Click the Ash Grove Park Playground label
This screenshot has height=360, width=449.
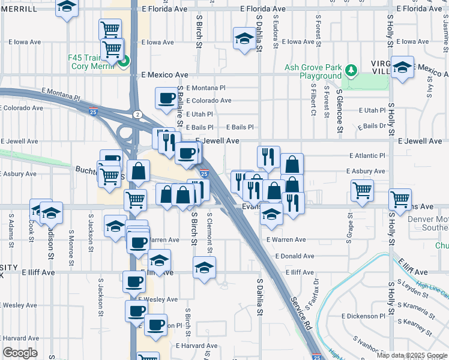coord(313,72)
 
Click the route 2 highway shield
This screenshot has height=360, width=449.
coord(138,114)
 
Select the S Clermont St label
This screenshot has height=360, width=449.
coord(209,230)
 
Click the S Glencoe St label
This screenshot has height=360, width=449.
coord(339,111)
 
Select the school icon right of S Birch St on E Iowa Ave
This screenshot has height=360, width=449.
coord(244,40)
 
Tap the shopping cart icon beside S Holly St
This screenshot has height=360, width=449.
coord(400,199)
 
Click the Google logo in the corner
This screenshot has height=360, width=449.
coord(20,353)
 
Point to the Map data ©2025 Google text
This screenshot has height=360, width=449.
coord(412,355)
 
